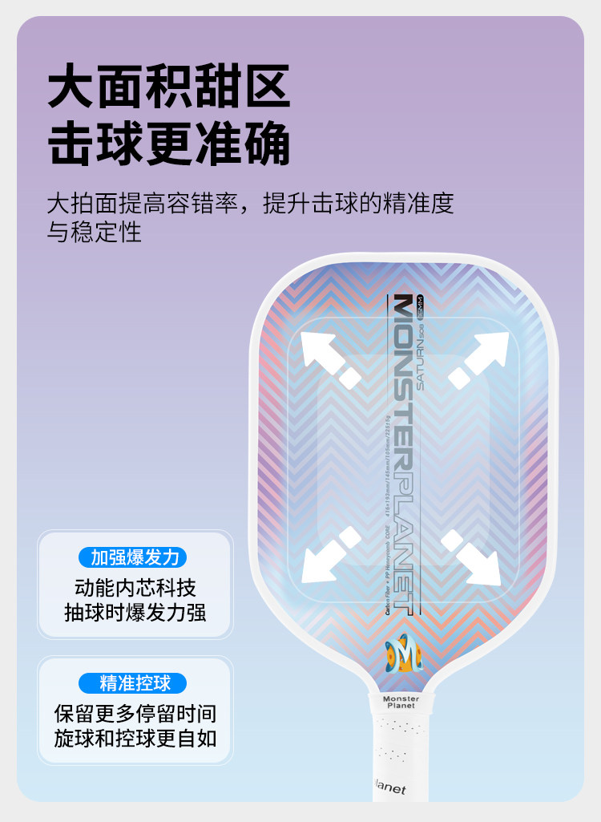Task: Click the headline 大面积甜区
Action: pos(169,88)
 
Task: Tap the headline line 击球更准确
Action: pos(169,145)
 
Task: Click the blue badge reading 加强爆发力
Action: pos(133,557)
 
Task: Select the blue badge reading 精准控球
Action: pos(133,683)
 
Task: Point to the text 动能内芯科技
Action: pos(135,587)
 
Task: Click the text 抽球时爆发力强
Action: pos(135,613)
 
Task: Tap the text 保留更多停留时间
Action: pos(135,713)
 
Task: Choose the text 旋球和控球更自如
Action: pos(135,738)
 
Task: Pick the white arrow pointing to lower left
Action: pos(329,557)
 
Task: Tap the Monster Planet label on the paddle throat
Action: pos(401,703)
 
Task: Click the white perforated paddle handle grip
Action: pos(400,746)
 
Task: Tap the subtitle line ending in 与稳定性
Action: pos(95,233)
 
